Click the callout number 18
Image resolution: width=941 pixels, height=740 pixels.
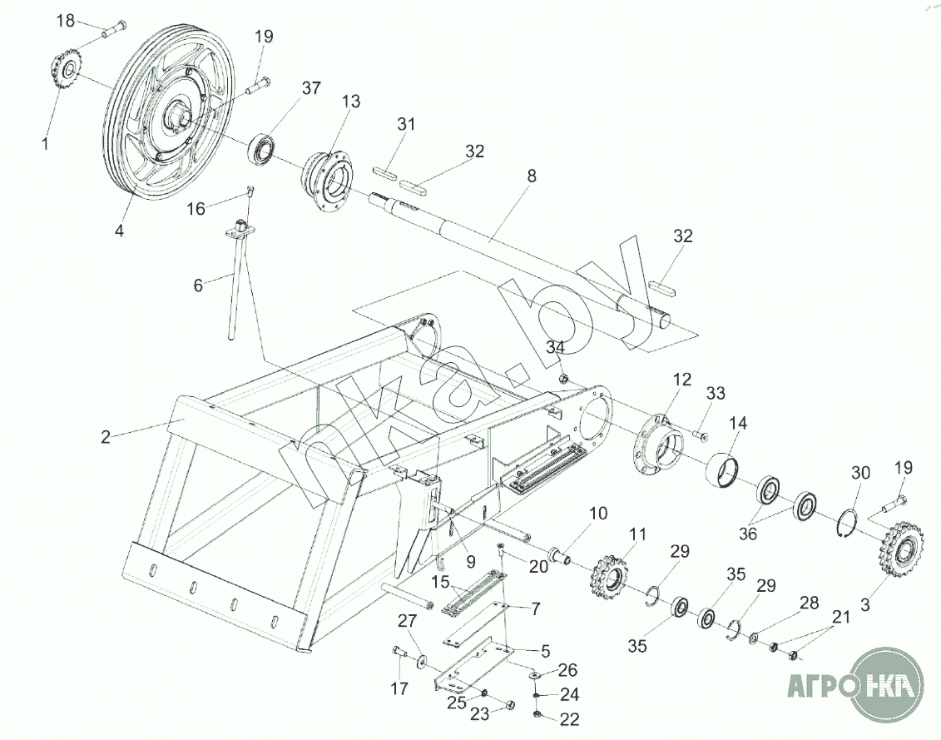66,21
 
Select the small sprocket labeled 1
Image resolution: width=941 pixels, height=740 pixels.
66,72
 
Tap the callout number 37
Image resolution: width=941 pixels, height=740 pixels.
311,88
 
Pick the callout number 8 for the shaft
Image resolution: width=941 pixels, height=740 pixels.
531,176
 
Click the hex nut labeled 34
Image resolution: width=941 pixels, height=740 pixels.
564,379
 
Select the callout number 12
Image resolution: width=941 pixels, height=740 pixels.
681,379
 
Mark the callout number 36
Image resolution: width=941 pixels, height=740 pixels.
748,534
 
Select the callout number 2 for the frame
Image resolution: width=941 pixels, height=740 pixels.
105,437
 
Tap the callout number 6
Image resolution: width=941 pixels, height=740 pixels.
198,285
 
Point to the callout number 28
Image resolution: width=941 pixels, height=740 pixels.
810,603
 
